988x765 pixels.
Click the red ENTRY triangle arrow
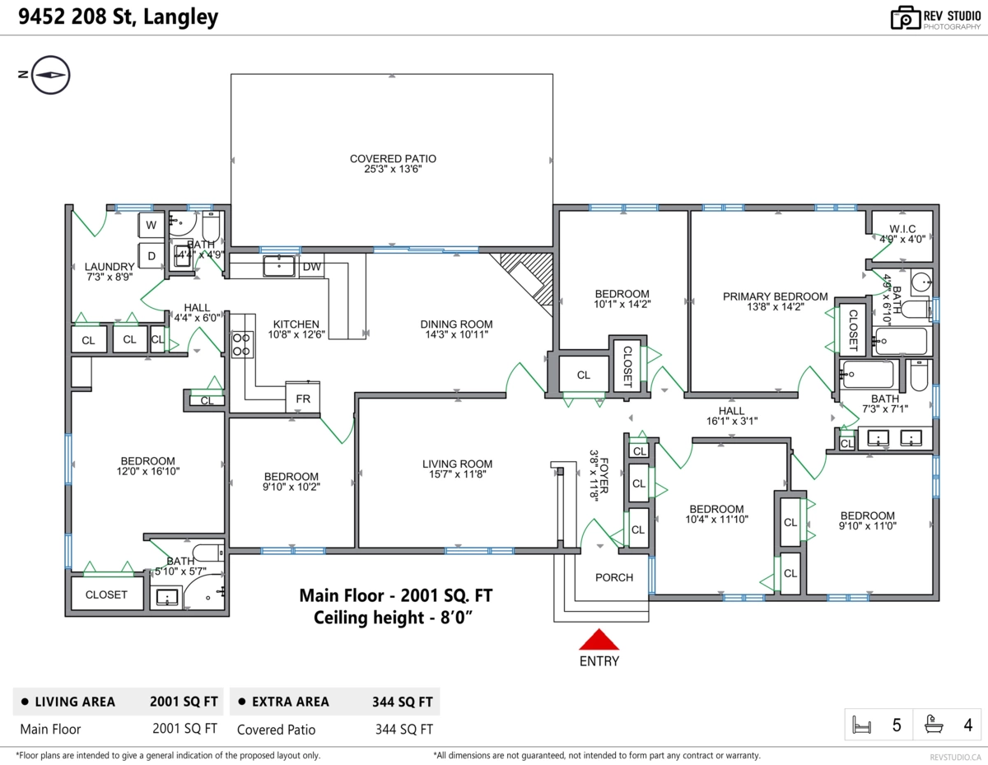(x=599, y=640)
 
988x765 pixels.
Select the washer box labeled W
(x=151, y=225)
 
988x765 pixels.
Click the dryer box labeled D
(x=151, y=256)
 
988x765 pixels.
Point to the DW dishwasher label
(x=312, y=267)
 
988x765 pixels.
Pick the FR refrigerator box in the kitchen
(x=303, y=399)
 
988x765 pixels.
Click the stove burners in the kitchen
(x=241, y=344)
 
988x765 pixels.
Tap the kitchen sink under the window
(x=279, y=265)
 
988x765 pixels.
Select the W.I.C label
(x=902, y=229)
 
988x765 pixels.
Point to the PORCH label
(x=614, y=577)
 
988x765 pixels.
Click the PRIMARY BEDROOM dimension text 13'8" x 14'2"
(x=776, y=307)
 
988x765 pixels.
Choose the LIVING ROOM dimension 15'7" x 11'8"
(x=458, y=474)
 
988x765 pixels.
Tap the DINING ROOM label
(x=456, y=324)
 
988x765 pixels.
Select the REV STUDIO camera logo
(x=905, y=18)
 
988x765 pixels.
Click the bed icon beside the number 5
(x=861, y=725)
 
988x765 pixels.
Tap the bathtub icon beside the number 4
(x=934, y=724)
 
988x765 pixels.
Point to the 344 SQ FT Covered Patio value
(x=403, y=729)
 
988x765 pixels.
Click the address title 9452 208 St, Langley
(x=119, y=16)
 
